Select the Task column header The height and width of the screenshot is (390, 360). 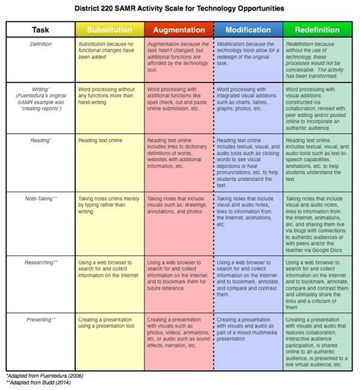coord(41,30)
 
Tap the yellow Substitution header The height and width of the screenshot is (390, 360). coord(109,30)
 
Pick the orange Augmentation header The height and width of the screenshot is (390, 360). coord(178,30)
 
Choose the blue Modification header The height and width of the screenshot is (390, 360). coord(248,30)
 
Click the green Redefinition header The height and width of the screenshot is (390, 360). coord(317,30)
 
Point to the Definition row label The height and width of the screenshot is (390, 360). coord(41,45)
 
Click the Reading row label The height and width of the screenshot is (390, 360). coord(41,141)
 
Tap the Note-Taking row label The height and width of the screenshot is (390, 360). coord(41,197)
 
